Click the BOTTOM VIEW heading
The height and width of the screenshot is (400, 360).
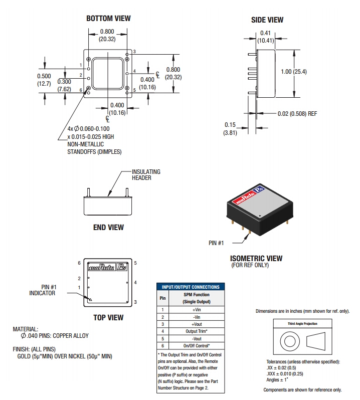(108, 19)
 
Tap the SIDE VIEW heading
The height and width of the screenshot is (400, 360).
(267, 20)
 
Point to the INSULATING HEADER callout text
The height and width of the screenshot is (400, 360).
(146, 174)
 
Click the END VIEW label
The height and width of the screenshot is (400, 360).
(108, 228)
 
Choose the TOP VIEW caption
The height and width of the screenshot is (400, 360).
(108, 318)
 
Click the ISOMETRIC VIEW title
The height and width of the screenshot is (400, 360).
(256, 259)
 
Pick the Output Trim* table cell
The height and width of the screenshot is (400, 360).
(196, 331)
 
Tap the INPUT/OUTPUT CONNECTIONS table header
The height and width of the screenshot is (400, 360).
(191, 287)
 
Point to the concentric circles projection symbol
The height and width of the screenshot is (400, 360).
(289, 343)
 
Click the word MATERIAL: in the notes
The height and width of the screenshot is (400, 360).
(26, 329)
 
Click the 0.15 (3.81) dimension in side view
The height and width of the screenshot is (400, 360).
(230, 128)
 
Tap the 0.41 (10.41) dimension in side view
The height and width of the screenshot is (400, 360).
(265, 37)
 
